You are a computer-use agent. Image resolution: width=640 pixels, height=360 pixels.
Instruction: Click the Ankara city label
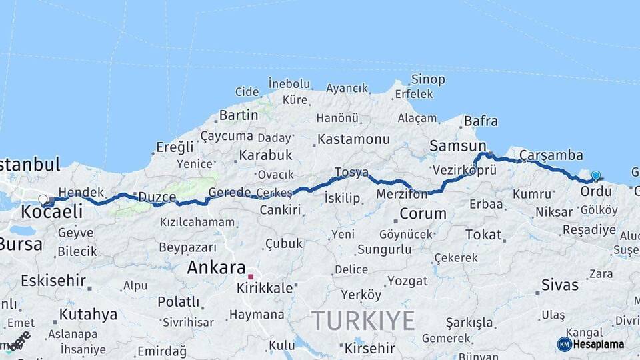(x=217, y=267)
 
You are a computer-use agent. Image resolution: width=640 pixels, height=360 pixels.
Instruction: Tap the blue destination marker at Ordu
(x=595, y=176)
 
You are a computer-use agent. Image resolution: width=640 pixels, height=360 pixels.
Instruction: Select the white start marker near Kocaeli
(x=43, y=199)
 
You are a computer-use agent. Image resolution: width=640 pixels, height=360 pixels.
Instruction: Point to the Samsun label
(x=457, y=145)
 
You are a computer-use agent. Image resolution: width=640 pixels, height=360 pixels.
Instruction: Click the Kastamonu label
(x=353, y=139)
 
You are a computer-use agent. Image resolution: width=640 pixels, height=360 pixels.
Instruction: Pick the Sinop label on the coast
(x=428, y=79)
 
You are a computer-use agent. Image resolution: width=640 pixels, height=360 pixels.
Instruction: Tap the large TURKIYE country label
(x=363, y=321)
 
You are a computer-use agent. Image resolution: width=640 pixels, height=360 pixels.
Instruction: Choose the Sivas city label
(x=560, y=285)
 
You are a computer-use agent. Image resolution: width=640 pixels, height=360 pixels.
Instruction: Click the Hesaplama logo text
(x=599, y=344)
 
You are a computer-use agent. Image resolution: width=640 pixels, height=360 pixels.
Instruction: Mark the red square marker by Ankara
(x=251, y=276)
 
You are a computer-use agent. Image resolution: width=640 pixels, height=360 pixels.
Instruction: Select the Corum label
(x=423, y=214)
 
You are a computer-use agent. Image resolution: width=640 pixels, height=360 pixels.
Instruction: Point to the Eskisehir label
(x=53, y=280)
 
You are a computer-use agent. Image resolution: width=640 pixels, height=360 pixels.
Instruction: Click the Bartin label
(x=238, y=115)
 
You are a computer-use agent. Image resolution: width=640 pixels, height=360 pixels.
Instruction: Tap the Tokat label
(x=483, y=234)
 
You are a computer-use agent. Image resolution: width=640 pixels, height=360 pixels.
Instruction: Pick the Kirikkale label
(x=265, y=288)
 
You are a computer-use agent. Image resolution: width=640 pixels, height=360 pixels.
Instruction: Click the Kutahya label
(x=88, y=314)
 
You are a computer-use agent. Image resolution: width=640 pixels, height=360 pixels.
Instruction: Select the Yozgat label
(x=407, y=281)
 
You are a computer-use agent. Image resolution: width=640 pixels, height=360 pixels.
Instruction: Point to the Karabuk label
(x=266, y=155)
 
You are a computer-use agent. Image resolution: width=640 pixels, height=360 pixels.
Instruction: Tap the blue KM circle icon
(x=565, y=344)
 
